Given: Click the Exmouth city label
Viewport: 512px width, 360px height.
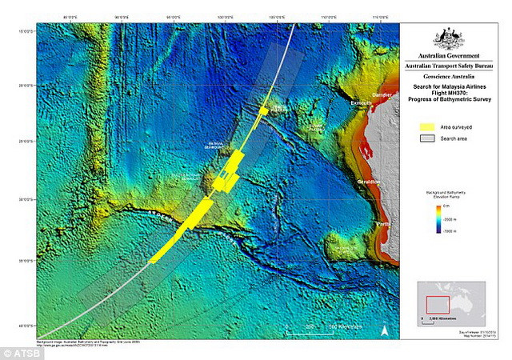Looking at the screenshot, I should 362,103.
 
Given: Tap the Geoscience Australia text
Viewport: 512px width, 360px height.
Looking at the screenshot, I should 453,78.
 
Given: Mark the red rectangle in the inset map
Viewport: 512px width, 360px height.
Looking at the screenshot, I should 438,304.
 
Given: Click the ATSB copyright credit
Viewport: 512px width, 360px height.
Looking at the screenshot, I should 20,352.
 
